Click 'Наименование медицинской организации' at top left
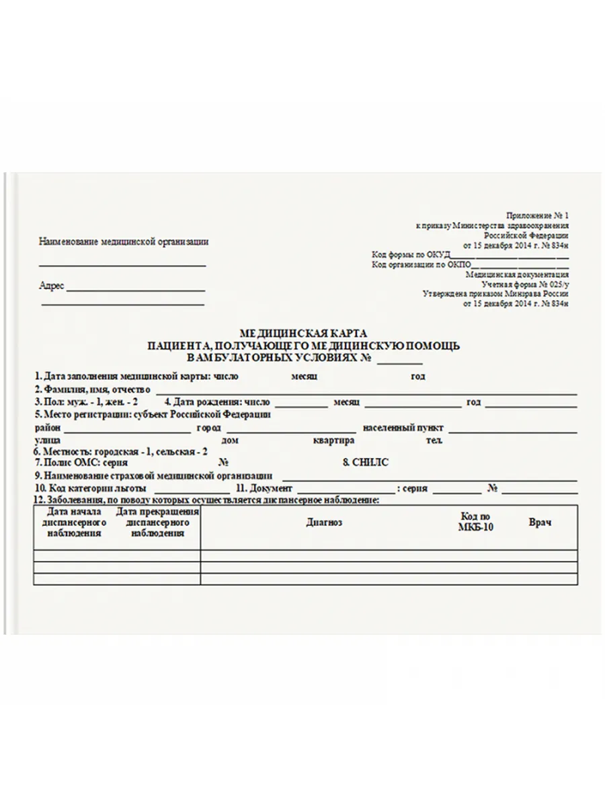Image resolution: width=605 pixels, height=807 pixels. (124, 242)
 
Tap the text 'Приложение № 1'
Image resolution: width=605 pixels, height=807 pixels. (537, 216)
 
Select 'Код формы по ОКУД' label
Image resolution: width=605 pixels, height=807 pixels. (410, 255)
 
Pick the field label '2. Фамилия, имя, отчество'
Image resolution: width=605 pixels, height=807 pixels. (92, 389)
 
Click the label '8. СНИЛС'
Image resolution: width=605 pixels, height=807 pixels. (366, 463)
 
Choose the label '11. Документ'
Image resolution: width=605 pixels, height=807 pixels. (264, 488)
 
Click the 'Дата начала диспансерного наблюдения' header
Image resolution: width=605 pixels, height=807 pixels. (75, 523)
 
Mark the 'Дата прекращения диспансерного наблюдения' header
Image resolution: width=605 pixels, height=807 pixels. (157, 523)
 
